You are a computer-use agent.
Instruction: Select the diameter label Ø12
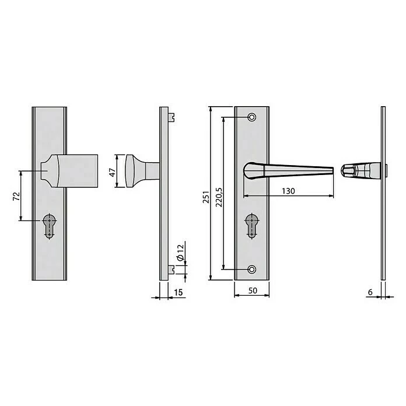point(180,252)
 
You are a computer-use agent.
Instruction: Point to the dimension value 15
point(178,292)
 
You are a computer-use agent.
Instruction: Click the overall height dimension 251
point(205,198)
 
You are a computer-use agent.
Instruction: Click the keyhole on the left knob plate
point(48,225)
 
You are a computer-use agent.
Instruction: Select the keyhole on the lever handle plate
point(251,225)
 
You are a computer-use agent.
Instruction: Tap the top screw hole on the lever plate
point(251,117)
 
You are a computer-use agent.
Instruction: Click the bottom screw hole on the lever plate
point(251,269)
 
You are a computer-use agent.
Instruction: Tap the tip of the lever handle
point(331,171)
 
